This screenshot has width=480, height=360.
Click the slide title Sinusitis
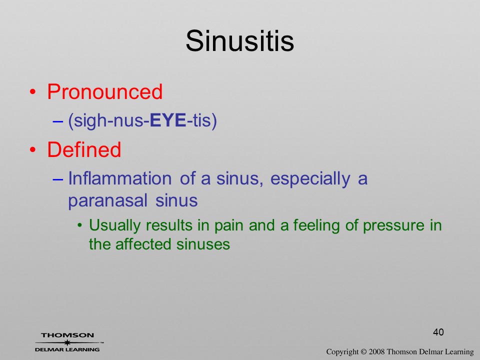tap(239, 41)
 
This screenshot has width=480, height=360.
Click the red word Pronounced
tap(104, 91)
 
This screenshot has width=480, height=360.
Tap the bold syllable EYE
tap(168, 120)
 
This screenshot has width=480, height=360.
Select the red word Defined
tap(84, 149)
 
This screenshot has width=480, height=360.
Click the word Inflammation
tap(119, 178)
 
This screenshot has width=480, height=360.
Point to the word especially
tap(310, 179)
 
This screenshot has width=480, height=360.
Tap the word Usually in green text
tap(115, 226)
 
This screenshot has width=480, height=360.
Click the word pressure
tap(393, 226)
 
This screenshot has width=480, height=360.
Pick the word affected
tap(143, 244)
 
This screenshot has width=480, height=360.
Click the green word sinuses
tap(203, 244)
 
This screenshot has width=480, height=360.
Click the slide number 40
tap(438, 332)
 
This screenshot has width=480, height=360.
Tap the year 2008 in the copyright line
tap(377, 351)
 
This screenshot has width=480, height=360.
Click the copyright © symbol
tap(363, 351)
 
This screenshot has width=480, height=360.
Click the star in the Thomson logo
tap(67, 342)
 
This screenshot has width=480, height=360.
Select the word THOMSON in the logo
tap(67, 335)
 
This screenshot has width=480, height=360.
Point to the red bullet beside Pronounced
tap(33, 92)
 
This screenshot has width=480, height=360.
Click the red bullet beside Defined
tap(33, 149)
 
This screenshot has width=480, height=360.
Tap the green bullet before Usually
tap(80, 226)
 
